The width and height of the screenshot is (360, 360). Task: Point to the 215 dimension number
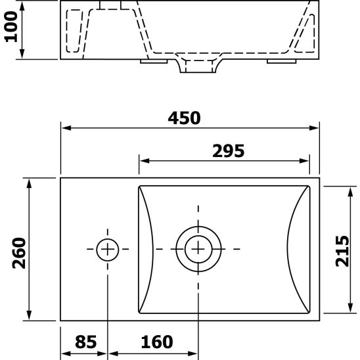point(342,250)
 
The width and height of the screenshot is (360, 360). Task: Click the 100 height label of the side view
point(11,30)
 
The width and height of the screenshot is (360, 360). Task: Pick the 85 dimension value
point(85,342)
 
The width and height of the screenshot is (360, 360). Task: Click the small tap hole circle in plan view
point(107,249)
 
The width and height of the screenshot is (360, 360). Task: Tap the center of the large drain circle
point(197,249)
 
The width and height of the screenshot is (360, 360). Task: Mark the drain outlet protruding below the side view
point(197,67)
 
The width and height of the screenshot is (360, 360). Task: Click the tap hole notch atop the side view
point(112,5)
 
